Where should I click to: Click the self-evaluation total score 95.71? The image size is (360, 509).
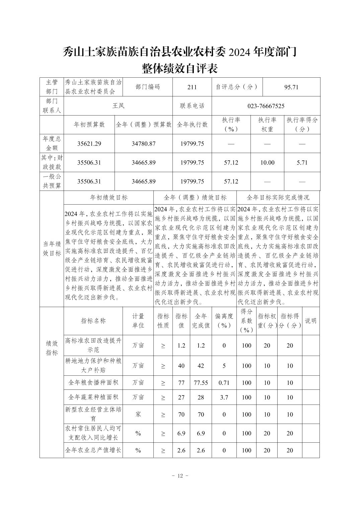click(x=291, y=87)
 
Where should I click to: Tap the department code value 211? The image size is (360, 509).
click(x=192, y=87)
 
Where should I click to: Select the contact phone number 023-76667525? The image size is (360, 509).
click(x=266, y=106)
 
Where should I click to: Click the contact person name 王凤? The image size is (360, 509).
click(x=118, y=106)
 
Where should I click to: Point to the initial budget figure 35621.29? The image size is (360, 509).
click(x=89, y=144)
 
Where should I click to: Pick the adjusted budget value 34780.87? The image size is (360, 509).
click(x=143, y=144)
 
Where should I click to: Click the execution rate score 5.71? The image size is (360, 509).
click(x=302, y=163)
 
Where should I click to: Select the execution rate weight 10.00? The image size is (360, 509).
click(x=267, y=163)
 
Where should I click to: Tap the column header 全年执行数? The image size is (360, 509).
click(x=192, y=125)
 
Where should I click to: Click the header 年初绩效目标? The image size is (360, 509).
click(x=109, y=198)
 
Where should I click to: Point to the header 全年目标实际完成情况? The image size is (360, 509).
click(x=278, y=198)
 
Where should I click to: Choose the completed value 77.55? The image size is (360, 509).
click(x=201, y=383)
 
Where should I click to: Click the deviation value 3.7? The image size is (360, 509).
click(x=224, y=397)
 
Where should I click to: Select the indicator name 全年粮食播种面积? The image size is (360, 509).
click(x=93, y=383)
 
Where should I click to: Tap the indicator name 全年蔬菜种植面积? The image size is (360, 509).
click(x=93, y=397)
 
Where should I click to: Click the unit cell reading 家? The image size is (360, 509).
click(x=138, y=414)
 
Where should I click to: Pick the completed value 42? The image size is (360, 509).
click(x=201, y=366)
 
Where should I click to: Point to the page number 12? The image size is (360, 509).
click(x=180, y=476)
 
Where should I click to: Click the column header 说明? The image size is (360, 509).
click(x=310, y=321)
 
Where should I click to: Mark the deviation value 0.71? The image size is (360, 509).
click(x=224, y=383)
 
